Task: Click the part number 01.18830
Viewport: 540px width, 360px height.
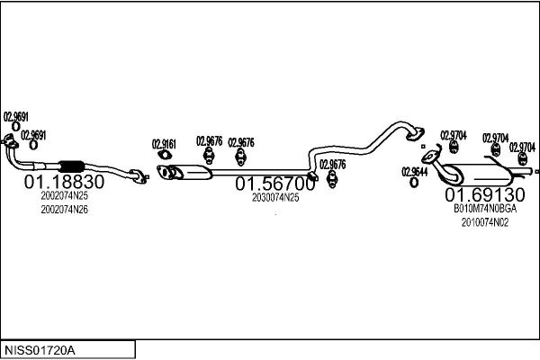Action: [64, 182]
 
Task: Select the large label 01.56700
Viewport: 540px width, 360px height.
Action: [275, 184]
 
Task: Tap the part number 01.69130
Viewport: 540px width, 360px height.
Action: [485, 195]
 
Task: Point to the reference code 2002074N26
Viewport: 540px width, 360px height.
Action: [65, 210]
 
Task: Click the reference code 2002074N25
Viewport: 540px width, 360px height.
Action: [65, 195]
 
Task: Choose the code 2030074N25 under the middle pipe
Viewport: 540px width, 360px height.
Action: [275, 198]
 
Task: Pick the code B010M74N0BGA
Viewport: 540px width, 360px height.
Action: [485, 209]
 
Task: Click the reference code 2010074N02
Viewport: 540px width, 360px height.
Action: [485, 222]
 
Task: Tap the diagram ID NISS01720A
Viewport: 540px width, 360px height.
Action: [40, 351]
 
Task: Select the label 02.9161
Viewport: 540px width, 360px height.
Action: [164, 144]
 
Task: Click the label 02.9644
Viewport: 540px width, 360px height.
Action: [414, 172]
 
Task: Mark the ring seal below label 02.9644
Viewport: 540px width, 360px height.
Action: [414, 183]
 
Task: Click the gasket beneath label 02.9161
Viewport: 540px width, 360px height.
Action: [165, 155]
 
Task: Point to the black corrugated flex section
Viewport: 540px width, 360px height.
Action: [72, 166]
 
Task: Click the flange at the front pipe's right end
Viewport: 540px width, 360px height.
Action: [139, 176]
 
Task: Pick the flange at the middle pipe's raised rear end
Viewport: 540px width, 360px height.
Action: [415, 134]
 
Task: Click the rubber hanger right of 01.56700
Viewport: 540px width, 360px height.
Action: [331, 179]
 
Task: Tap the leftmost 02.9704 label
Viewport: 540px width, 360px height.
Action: [454, 135]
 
